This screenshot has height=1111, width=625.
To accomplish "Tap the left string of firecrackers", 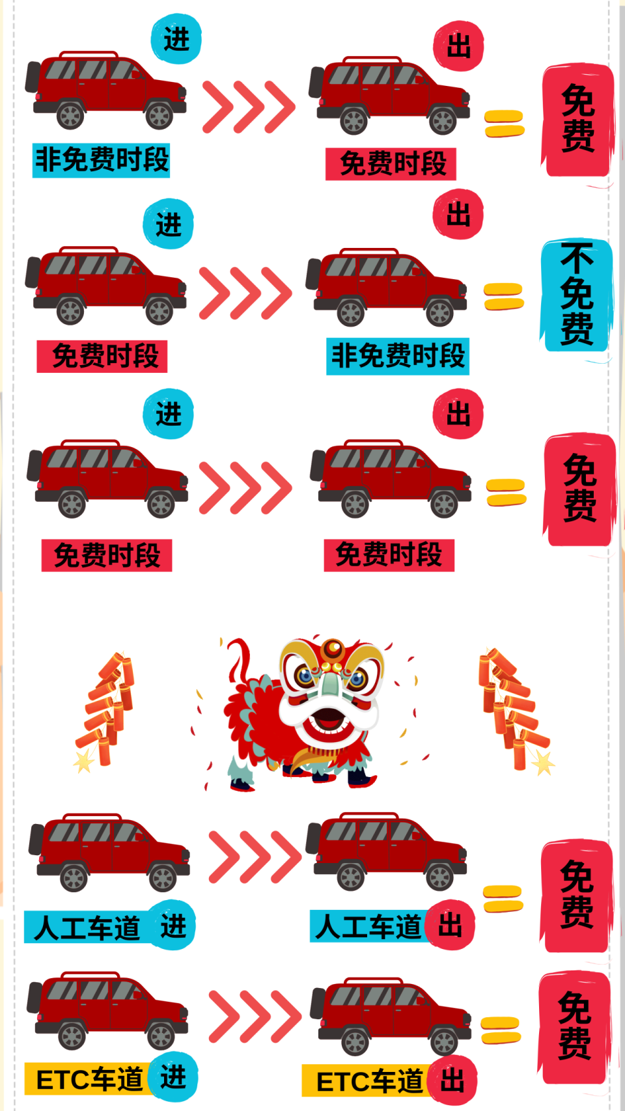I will [107, 706].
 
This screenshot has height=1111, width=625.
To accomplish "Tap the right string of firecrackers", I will [513, 706].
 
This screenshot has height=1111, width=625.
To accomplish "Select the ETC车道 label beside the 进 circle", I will [89, 1079].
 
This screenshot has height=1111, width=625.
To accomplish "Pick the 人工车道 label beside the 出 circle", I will [368, 926].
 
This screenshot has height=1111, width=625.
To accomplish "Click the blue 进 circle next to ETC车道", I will [173, 1077].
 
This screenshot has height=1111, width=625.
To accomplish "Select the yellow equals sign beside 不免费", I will [503, 297].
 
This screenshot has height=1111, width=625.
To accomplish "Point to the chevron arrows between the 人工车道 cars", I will [255, 857].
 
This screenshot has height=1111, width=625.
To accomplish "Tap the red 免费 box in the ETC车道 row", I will [575, 1026].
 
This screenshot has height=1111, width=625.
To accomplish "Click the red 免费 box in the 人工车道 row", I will [576, 895].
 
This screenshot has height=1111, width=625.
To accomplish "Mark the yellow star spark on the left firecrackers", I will [83, 760].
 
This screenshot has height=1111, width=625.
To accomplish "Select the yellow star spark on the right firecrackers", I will [542, 761].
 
